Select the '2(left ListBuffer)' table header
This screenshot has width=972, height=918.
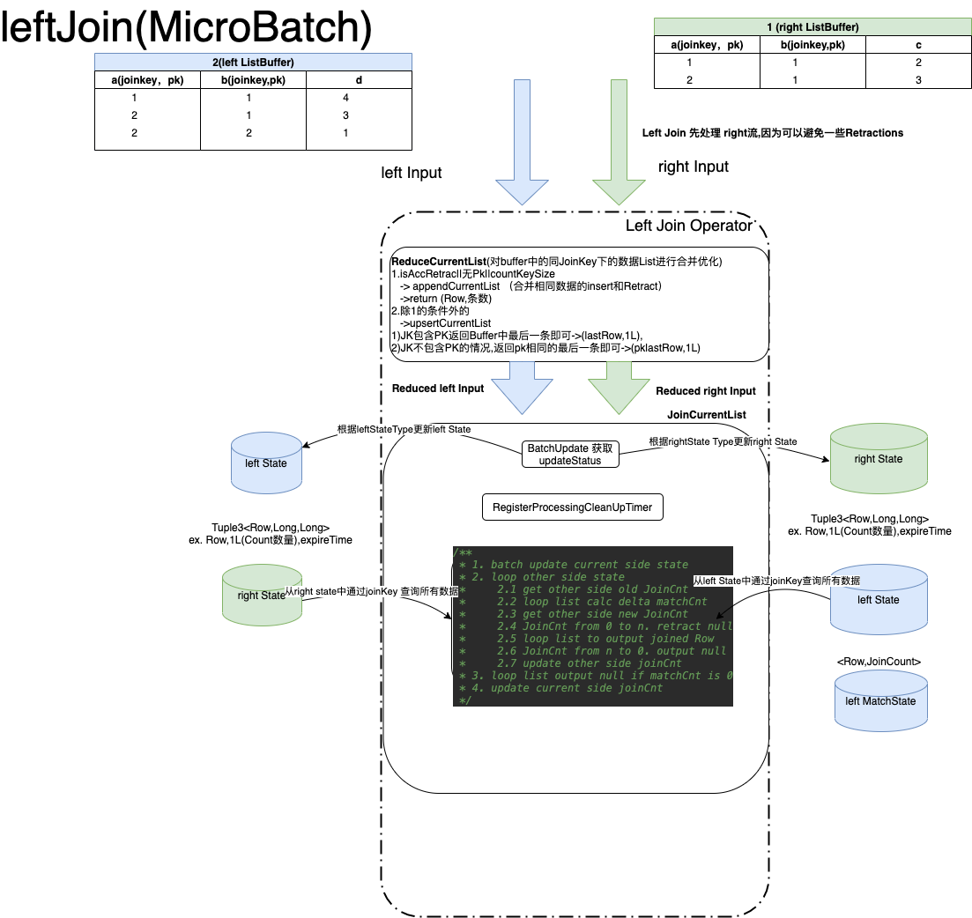pos(253,62)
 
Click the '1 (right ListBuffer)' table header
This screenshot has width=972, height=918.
pos(812,27)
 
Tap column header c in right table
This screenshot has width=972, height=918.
pos(918,46)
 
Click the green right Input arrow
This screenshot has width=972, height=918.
pos(620,141)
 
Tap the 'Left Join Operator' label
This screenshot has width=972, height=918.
pos(689,226)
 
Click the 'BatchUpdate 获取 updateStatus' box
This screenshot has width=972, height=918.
pos(570,455)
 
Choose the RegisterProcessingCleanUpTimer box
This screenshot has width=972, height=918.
pos(572,508)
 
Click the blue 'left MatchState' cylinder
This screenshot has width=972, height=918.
pos(879,701)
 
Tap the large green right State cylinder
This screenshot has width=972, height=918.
pos(878,458)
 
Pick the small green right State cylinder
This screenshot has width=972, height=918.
pos(262,595)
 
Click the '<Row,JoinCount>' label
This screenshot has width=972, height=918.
pos(879,661)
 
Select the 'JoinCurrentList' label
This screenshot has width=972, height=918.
pos(707,414)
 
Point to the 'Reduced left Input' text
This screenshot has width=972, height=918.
pos(438,389)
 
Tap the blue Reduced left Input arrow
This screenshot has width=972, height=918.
pos(522,388)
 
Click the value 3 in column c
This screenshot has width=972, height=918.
pos(918,80)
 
